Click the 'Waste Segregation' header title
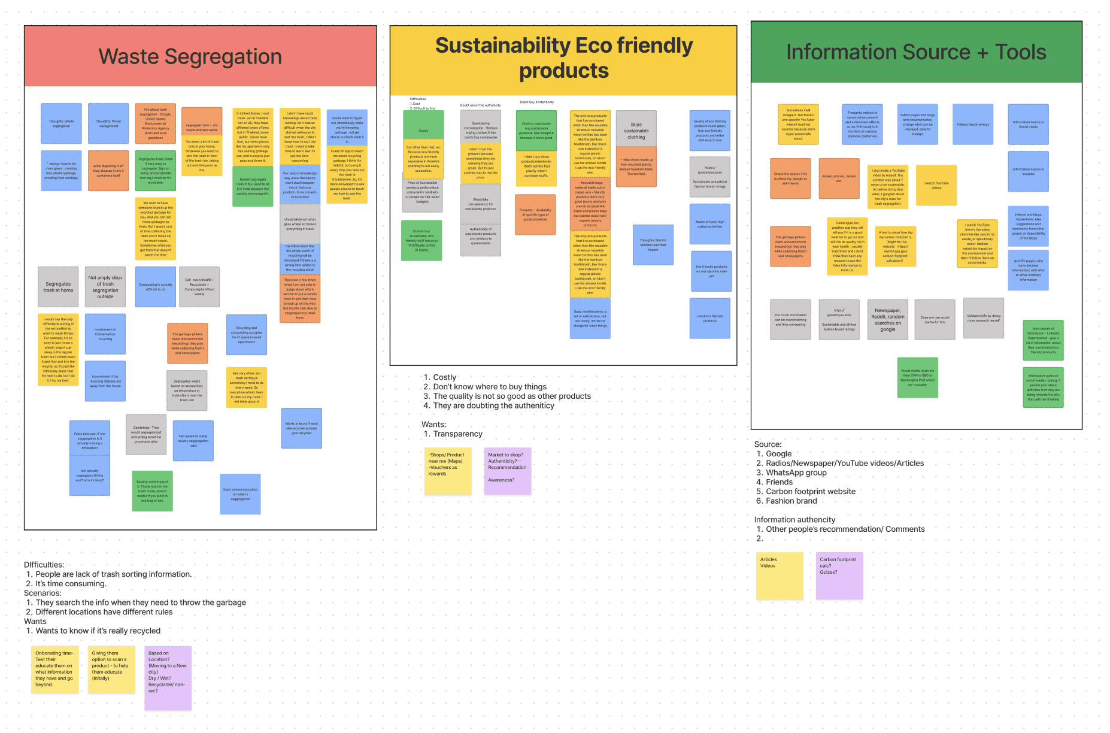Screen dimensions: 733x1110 tap(190, 56)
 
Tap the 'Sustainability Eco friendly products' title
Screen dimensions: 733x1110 tap(563, 58)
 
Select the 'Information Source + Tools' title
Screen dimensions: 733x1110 tap(915, 52)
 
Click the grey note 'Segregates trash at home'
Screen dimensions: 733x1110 tap(58, 287)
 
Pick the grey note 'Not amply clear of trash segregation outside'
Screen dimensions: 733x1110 tap(105, 287)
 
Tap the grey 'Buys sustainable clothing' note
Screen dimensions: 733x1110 tap(636, 129)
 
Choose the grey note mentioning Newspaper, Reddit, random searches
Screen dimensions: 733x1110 tap(887, 320)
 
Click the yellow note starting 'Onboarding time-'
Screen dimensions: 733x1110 tap(54, 669)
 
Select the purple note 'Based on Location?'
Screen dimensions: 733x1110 tap(168, 677)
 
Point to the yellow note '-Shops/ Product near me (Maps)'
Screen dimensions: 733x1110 tap(447, 471)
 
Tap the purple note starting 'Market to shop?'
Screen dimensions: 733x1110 tap(507, 471)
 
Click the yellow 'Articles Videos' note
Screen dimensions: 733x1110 tap(779, 575)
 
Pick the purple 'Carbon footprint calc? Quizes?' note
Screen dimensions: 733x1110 tap(839, 575)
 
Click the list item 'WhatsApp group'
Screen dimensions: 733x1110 tap(796, 472)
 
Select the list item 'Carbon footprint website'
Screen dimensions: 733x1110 tap(810, 492)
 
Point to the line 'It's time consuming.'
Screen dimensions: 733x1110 tap(71, 584)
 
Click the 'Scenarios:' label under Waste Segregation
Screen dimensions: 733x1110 tap(43, 593)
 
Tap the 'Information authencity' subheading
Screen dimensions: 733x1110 tap(794, 520)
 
